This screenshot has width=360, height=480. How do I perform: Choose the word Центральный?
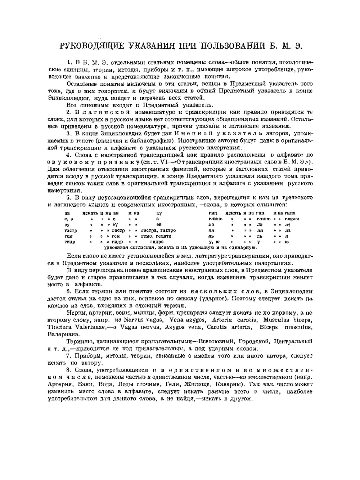[293, 341]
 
